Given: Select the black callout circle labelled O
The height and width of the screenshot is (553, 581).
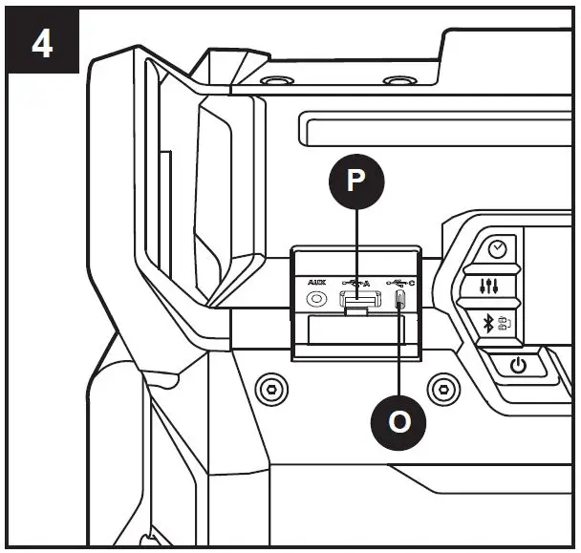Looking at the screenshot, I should click(x=398, y=421).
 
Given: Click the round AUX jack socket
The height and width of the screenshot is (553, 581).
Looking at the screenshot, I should click(x=313, y=299).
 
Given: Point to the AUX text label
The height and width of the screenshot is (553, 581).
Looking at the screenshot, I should click(x=313, y=282).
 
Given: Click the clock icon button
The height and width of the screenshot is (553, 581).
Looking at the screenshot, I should click(x=496, y=248).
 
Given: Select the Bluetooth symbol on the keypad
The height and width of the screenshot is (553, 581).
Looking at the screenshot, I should click(x=486, y=323).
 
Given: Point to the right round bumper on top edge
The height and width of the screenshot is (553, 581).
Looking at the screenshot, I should click(x=395, y=81).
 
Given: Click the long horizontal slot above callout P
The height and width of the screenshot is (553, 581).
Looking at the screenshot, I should click(x=430, y=126).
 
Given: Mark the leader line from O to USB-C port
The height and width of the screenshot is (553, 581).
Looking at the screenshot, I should click(x=399, y=353).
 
